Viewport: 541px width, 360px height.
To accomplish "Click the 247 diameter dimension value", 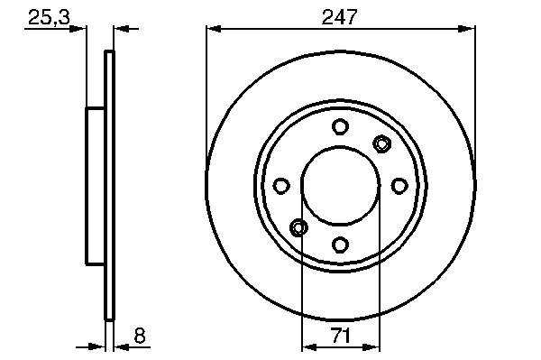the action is coord(339,17).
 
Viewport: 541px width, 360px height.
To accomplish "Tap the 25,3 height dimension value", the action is coord(49,17).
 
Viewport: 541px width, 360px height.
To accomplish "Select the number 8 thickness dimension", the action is coord(140,335).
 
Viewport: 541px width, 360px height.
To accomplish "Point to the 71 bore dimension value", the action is coord(340,336).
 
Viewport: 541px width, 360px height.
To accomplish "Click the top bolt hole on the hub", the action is coord(340,126).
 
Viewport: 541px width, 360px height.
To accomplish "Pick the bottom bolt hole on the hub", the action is coord(340,245).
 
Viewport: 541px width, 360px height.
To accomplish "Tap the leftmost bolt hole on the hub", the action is coord(281,186).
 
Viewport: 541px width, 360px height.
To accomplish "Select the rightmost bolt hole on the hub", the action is coord(399,186).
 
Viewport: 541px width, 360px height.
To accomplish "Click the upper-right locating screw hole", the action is coord(382,143).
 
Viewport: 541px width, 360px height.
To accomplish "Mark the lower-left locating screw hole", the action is coord(298,227).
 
